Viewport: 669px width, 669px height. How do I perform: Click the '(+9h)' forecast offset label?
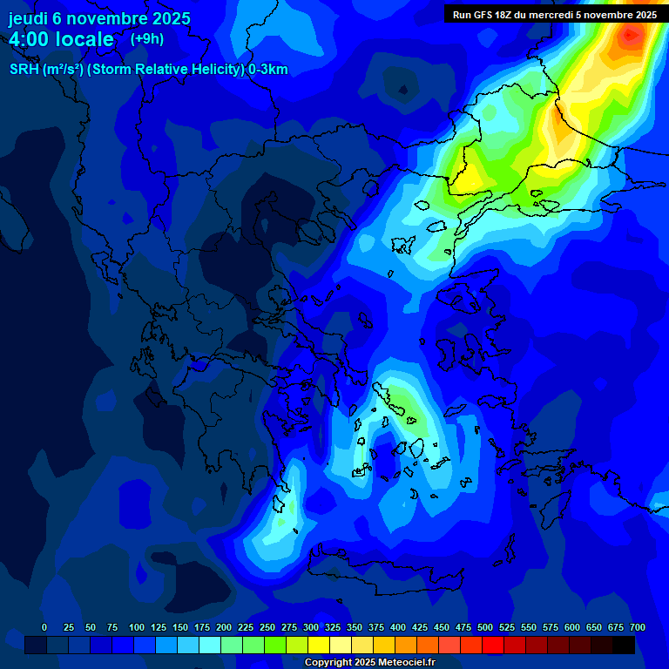146,39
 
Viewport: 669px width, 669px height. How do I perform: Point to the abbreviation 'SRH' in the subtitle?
24,70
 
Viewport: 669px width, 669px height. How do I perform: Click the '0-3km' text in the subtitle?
267,70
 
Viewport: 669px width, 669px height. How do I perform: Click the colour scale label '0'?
44,628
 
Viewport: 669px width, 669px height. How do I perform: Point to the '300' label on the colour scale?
311,628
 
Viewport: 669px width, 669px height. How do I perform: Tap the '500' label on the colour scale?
485,628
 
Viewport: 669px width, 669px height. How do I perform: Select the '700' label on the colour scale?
637,628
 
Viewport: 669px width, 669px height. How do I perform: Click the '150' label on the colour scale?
180,628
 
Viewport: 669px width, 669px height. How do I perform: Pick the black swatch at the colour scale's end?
624,645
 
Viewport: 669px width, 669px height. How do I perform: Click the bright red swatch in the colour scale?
493,645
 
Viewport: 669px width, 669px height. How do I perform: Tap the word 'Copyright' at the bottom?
328,663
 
